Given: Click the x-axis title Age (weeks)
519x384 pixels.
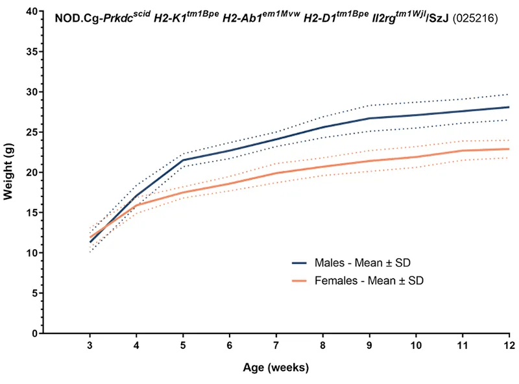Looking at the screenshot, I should [276, 368].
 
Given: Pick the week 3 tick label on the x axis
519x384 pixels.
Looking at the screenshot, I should [90, 346].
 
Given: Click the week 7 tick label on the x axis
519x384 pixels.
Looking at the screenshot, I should [276, 346].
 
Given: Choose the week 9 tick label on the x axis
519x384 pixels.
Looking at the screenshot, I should [369, 346].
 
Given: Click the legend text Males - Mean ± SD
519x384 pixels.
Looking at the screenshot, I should [362, 263].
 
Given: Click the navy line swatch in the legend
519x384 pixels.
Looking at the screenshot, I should [299, 263].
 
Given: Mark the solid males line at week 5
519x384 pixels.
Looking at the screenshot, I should [183, 160].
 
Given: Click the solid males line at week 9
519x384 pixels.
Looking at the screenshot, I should [369, 119].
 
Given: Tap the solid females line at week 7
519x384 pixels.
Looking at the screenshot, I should [276, 173].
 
